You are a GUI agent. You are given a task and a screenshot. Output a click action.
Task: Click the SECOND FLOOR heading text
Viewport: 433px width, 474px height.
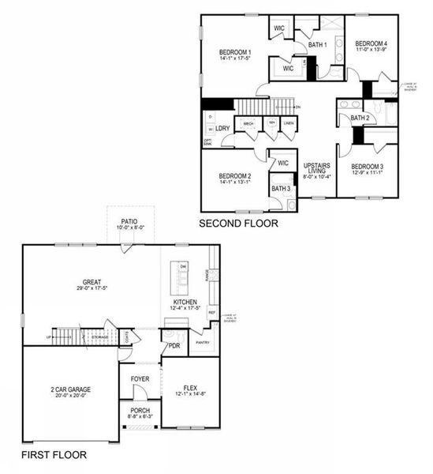pyautogui.click(x=238, y=224)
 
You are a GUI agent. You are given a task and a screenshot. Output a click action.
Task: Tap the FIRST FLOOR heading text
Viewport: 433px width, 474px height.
pyautogui.click(x=54, y=455)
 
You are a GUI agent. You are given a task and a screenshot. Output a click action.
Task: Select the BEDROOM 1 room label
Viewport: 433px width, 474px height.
pyautogui.click(x=235, y=52)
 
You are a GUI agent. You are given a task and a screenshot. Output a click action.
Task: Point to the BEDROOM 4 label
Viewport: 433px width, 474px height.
pyautogui.click(x=371, y=43)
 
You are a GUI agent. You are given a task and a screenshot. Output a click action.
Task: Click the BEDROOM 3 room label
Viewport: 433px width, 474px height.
pyautogui.click(x=368, y=166)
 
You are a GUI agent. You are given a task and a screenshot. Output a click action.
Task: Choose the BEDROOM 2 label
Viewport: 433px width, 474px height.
pyautogui.click(x=235, y=175)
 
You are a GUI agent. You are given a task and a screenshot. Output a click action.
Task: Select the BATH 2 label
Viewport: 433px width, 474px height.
pyautogui.click(x=360, y=118)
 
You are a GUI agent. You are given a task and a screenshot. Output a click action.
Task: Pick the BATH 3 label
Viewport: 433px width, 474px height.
pyautogui.click(x=280, y=189)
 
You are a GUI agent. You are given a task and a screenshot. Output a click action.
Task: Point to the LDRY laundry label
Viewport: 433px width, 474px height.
pyautogui.click(x=222, y=128)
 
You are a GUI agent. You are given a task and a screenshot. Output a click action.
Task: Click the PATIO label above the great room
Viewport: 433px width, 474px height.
pyautogui.click(x=130, y=222)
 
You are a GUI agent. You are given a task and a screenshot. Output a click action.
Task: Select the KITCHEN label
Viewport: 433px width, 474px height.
pyautogui.click(x=186, y=302)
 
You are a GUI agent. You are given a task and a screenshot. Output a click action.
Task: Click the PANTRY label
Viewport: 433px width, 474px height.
pyautogui.click(x=203, y=342)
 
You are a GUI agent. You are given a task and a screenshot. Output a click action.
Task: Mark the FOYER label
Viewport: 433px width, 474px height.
pyautogui.click(x=140, y=378)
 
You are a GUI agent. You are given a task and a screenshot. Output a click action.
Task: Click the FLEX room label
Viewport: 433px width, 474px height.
pyautogui.click(x=189, y=387)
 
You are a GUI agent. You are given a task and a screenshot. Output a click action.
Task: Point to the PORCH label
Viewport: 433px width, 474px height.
pyautogui.click(x=140, y=411)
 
